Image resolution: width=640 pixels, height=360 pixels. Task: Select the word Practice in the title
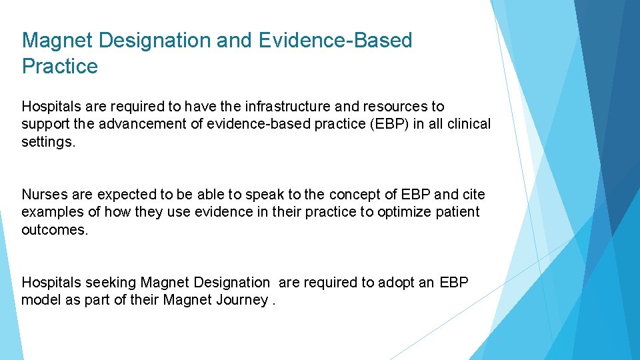click(60, 67)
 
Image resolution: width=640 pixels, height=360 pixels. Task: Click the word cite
click(474, 195)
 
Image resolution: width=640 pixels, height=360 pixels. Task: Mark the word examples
click(51, 212)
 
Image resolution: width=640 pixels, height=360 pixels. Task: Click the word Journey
click(242, 300)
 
